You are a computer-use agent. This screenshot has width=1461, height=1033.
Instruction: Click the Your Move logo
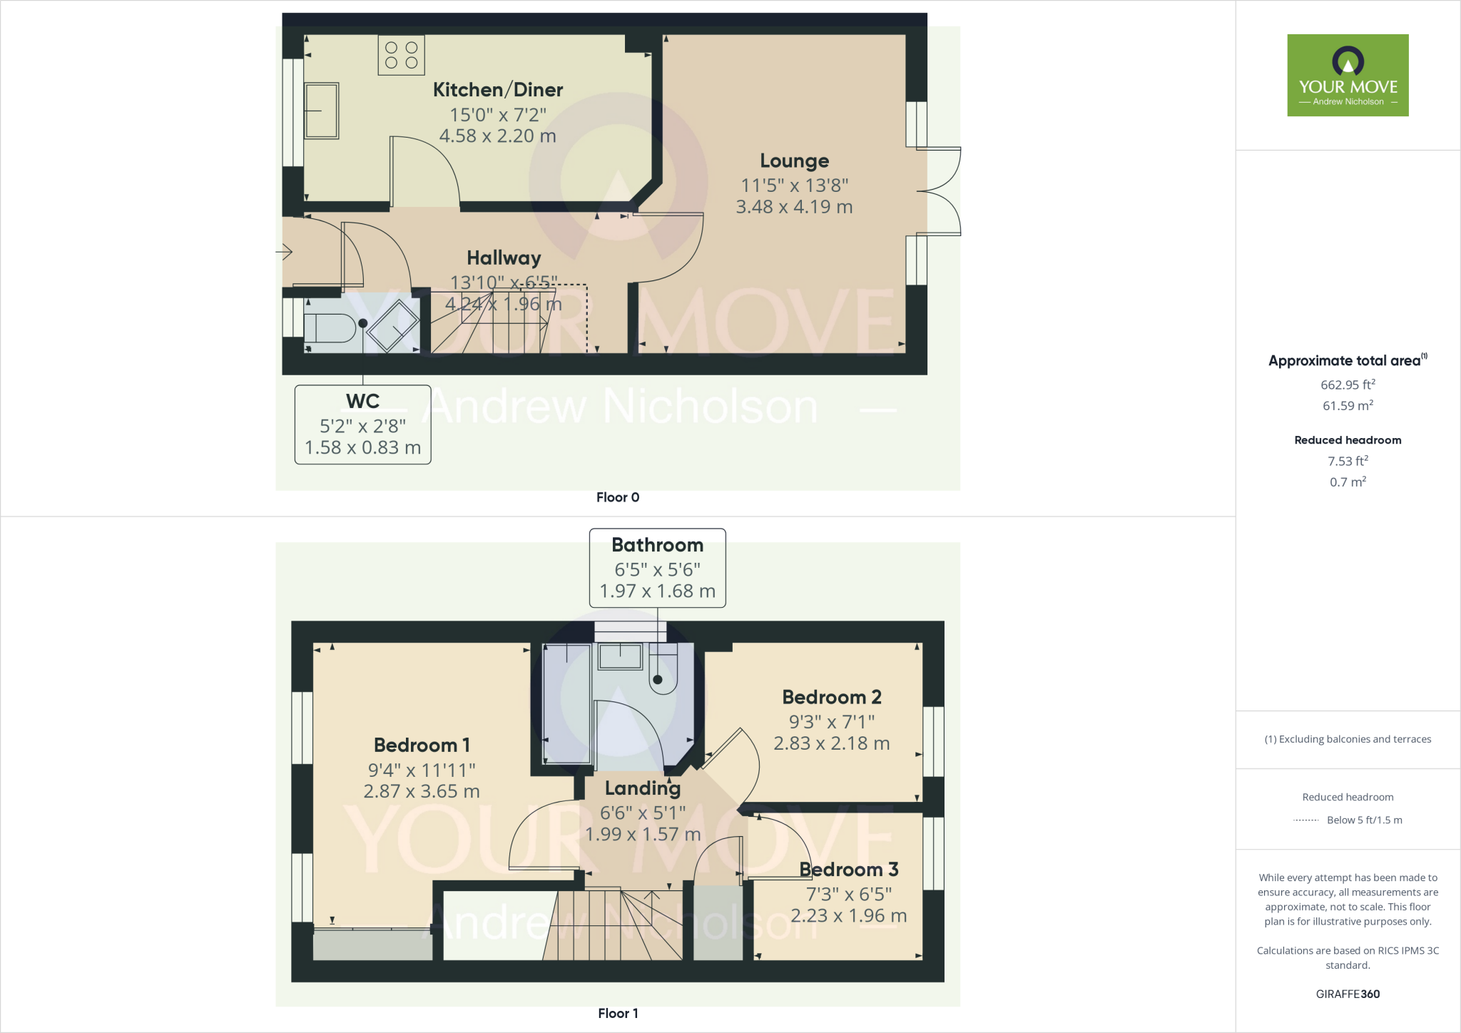point(1348,75)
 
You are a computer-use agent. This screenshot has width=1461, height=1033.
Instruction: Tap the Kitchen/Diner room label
point(498,90)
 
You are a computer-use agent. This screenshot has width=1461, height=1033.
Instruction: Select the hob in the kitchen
point(401,55)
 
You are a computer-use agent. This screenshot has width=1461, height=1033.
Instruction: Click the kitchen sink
point(322,111)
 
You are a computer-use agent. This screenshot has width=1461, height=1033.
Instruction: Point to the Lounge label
point(794,161)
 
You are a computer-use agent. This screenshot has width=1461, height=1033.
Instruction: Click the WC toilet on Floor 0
point(330,329)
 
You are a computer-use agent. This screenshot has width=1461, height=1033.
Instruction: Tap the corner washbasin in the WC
point(393,326)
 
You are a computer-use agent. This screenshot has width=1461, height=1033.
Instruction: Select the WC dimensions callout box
point(362,424)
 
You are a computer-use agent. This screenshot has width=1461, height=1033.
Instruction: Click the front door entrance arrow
point(285,251)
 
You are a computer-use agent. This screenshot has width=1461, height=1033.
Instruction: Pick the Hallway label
point(504,258)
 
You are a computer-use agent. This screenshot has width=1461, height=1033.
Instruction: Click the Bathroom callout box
point(657,568)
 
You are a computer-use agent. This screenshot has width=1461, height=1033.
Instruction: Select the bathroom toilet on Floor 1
point(663,668)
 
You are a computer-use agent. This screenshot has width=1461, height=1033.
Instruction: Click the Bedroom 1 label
point(422,746)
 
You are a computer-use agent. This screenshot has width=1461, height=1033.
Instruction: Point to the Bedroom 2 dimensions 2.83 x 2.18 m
point(832,743)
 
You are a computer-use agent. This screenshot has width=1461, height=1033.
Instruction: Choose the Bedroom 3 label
point(849,870)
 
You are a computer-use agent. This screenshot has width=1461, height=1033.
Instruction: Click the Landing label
point(643,788)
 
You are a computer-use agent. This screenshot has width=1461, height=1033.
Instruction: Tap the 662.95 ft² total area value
point(1348,385)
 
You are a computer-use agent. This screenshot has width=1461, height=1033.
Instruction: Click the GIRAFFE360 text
point(1348,994)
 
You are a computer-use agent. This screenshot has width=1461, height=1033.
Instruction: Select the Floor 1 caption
point(618,1013)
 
